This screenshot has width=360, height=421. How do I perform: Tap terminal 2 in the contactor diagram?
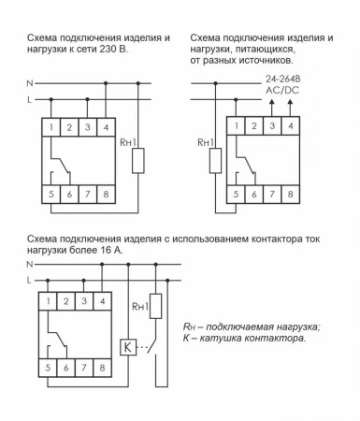coord(67,301)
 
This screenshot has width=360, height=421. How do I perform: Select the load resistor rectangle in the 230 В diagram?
coord(139,159)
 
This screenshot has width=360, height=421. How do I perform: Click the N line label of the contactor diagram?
coord(30,264)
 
